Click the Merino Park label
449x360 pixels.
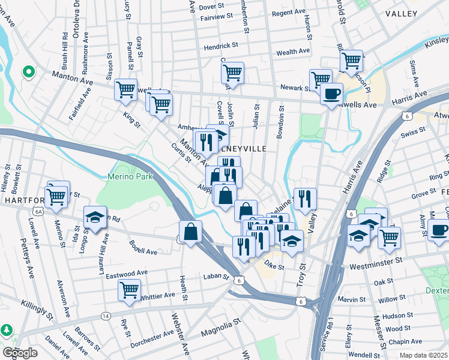click(130, 177)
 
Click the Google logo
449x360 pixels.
click(19, 353)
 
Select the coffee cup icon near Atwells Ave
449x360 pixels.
click(331, 94)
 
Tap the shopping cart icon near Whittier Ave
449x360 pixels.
click(130, 290)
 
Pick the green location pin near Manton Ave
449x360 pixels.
click(28, 73)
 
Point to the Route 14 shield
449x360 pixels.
click(106, 316)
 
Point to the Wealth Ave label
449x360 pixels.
click(293, 52)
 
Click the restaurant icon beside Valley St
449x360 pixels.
click(305, 199)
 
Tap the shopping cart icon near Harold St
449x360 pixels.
click(351, 60)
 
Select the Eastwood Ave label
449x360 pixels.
click(127, 273)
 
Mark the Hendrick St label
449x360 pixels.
click(221, 45)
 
